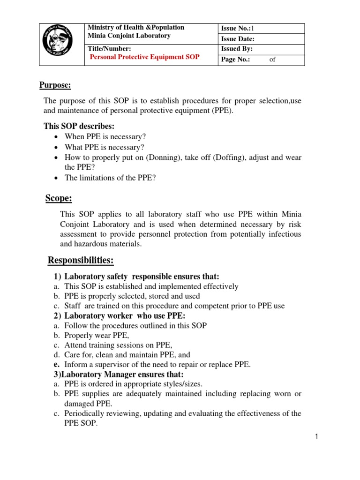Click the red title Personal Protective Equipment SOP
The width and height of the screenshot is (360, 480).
(144, 57)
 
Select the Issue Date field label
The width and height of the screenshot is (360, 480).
(238, 39)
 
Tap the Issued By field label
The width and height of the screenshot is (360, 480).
(237, 49)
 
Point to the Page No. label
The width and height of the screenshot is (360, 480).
(236, 60)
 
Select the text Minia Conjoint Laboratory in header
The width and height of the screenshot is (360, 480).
(129, 36)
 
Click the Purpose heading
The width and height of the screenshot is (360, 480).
(54, 85)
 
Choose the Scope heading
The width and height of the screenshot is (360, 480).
(59, 198)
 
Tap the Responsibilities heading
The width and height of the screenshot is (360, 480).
(81, 260)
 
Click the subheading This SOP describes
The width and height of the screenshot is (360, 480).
(79, 127)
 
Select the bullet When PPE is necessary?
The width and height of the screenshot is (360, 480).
(105, 137)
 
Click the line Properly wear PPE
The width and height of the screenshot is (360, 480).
(97, 336)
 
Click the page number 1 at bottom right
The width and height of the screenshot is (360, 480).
(317, 437)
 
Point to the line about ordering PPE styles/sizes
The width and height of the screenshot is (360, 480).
(134, 384)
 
